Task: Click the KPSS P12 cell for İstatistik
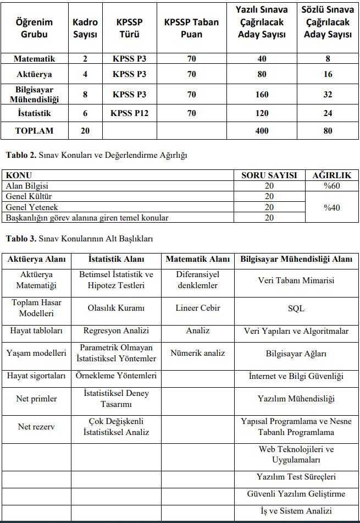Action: tap(129, 113)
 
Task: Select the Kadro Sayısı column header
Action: tap(85, 28)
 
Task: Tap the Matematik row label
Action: tap(34, 58)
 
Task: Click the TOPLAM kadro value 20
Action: tap(85, 131)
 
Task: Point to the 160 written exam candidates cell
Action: tap(262, 94)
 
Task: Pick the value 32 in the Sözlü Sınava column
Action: tap(328, 94)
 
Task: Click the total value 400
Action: tap(262, 131)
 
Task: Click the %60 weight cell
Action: tap(331, 186)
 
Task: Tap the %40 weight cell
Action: tap(331, 207)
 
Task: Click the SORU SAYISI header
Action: tap(269, 175)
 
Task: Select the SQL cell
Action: tap(296, 309)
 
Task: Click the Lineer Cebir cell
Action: tap(198, 308)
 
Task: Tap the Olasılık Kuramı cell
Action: tap(115, 308)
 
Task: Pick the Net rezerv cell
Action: tap(36, 426)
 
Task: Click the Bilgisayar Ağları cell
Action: tap(296, 354)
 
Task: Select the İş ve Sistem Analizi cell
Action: tap(296, 511)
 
